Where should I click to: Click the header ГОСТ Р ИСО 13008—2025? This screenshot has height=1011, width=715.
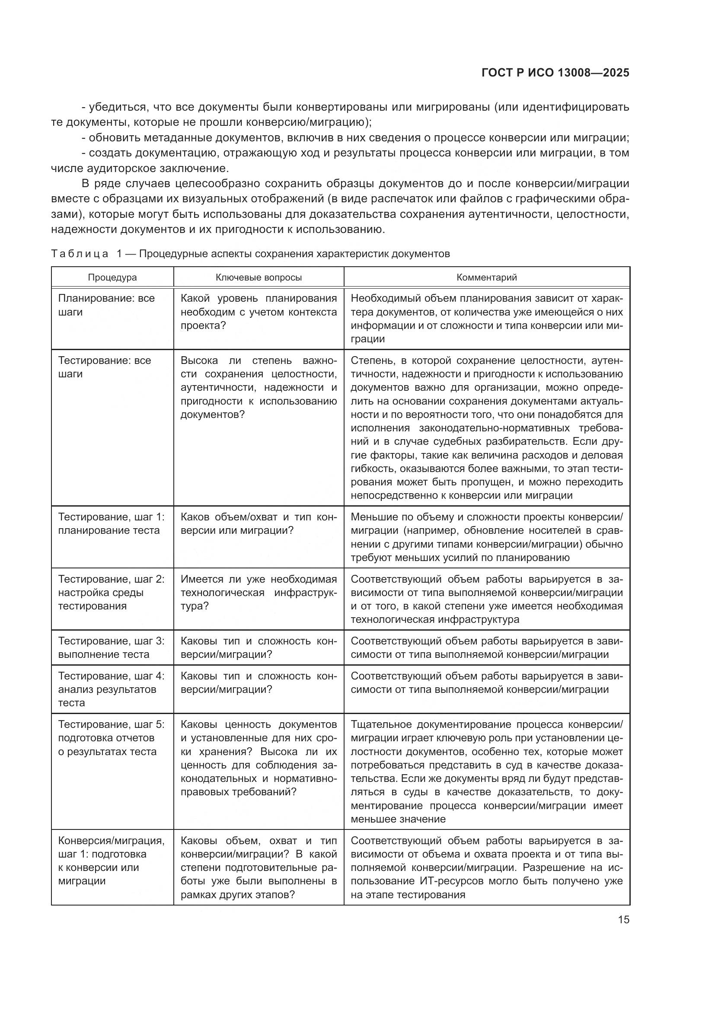(555, 73)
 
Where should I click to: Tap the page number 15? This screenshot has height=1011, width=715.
(623, 919)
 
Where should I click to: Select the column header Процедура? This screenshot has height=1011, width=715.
(112, 277)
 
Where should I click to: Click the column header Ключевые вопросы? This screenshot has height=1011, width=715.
(259, 277)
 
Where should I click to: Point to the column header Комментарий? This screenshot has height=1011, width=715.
(486, 277)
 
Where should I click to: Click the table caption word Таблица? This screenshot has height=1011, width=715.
(80, 254)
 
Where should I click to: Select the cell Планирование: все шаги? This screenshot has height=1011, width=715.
(106, 305)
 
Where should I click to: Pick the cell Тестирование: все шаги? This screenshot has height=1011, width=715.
(104, 367)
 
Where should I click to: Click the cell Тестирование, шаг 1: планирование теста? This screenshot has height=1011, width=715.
(111, 523)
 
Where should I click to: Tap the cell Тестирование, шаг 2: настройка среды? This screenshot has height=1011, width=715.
(111, 592)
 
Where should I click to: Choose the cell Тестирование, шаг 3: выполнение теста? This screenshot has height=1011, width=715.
(111, 647)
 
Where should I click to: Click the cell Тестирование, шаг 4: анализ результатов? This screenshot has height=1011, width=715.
(111, 689)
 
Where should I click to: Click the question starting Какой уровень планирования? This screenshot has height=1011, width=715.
(259, 312)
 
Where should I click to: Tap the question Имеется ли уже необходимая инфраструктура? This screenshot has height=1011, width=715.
(259, 592)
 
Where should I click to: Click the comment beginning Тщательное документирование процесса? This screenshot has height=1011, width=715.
(486, 772)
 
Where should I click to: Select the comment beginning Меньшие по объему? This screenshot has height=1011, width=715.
(486, 537)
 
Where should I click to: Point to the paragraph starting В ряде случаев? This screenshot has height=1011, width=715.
(340, 206)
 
